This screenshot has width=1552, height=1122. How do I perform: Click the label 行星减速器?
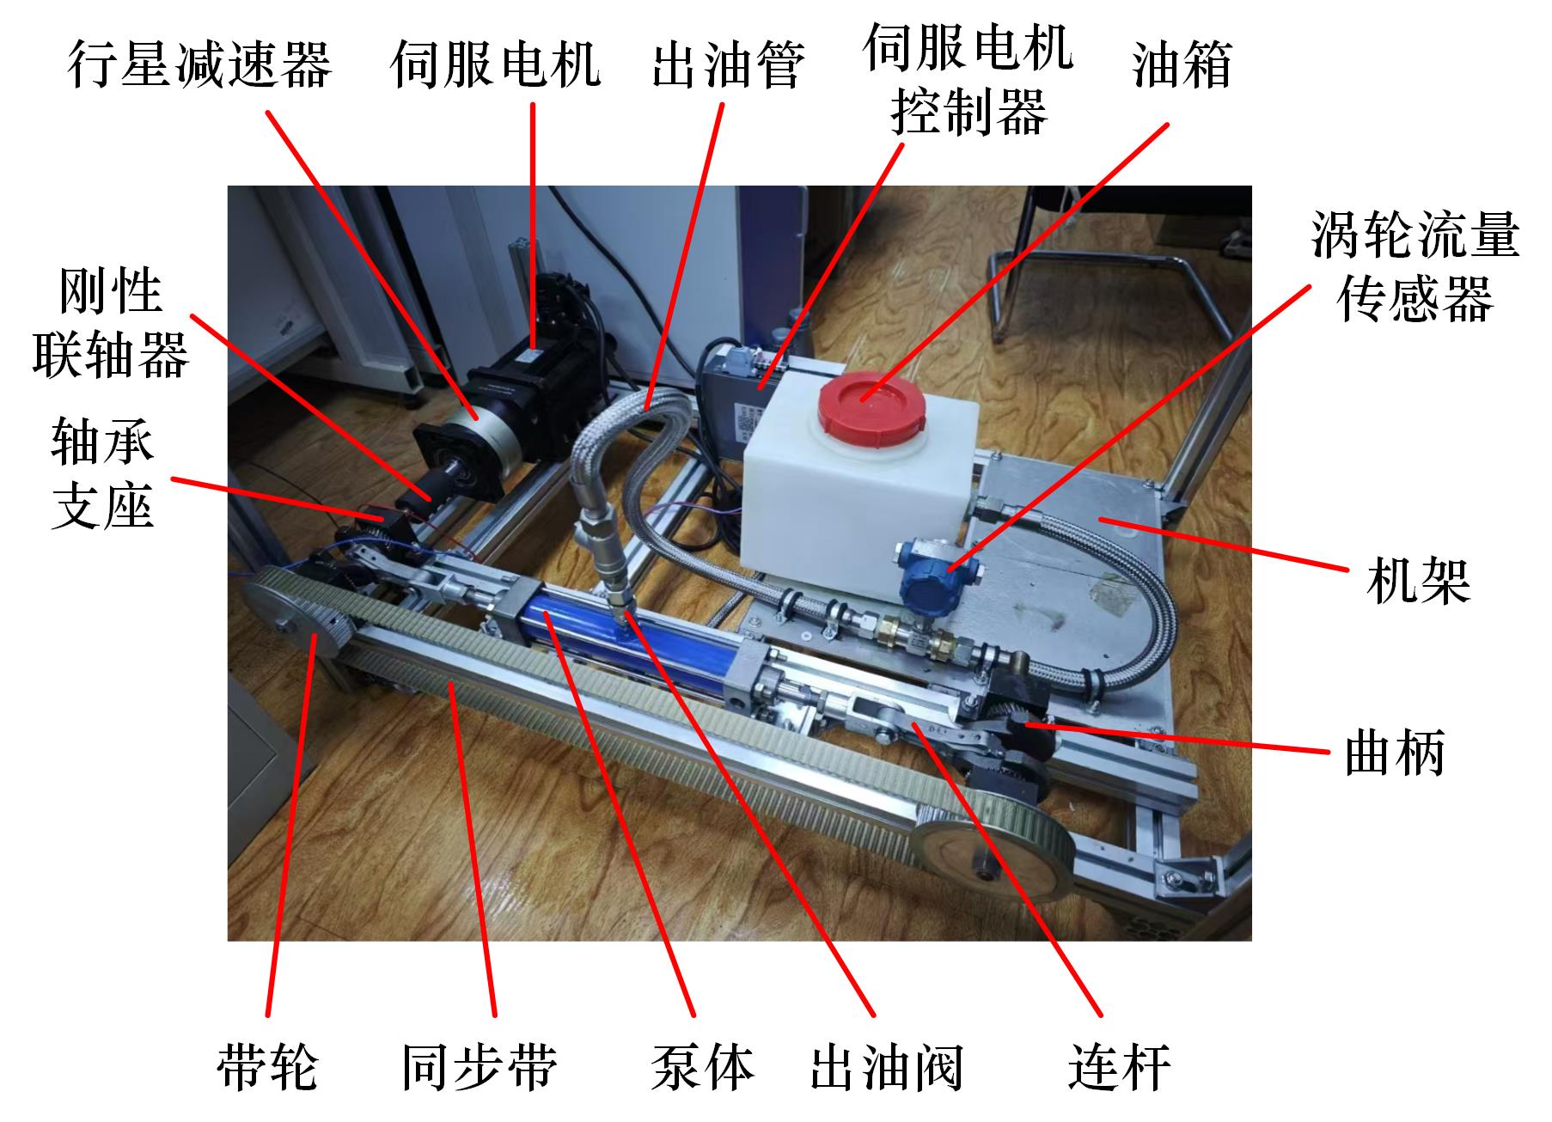(199, 64)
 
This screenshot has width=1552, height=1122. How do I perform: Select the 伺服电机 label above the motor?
(496, 64)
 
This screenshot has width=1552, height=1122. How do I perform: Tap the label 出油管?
(728, 64)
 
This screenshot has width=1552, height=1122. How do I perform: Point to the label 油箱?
(1182, 64)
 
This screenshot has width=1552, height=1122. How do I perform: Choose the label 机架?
(1418, 580)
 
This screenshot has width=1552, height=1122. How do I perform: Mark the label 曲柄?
(1395, 752)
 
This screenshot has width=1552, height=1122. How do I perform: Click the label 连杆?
(1120, 1066)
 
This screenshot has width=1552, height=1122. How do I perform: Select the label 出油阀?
(887, 1066)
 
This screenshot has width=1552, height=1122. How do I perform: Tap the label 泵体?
(703, 1066)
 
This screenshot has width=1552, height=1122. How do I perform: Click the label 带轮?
(267, 1066)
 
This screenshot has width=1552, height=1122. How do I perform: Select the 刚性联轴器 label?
(110, 324)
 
